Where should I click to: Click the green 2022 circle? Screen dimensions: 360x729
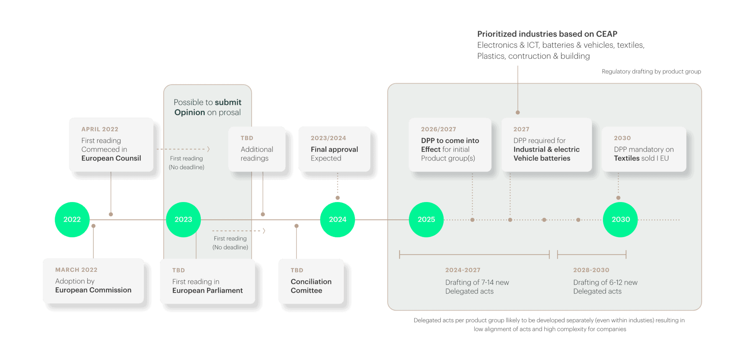[72, 219]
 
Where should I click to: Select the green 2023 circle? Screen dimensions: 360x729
[183, 219]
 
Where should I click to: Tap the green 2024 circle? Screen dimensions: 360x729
[337, 219]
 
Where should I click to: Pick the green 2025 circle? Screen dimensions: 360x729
[426, 219]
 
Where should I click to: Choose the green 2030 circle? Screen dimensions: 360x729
[620, 219]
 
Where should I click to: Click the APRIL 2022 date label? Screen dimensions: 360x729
[100, 129]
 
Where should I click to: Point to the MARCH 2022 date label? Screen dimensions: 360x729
[76, 270]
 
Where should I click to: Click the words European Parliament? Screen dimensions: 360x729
[207, 291]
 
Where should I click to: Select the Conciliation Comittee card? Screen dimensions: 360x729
[311, 281]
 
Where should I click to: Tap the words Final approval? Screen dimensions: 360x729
[334, 149]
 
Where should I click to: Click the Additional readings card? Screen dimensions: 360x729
[257, 149]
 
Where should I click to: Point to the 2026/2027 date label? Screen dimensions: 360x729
[438, 129]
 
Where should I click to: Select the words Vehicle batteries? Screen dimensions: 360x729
[541, 158]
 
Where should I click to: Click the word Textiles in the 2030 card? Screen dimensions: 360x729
[625, 158]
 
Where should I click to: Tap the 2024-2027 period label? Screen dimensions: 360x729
[462, 270]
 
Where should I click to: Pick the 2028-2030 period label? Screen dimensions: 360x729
[591, 270]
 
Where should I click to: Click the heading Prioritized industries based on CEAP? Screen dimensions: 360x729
[547, 34]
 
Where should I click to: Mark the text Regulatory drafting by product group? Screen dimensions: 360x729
[651, 72]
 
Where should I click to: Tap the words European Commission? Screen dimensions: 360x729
[93, 290]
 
